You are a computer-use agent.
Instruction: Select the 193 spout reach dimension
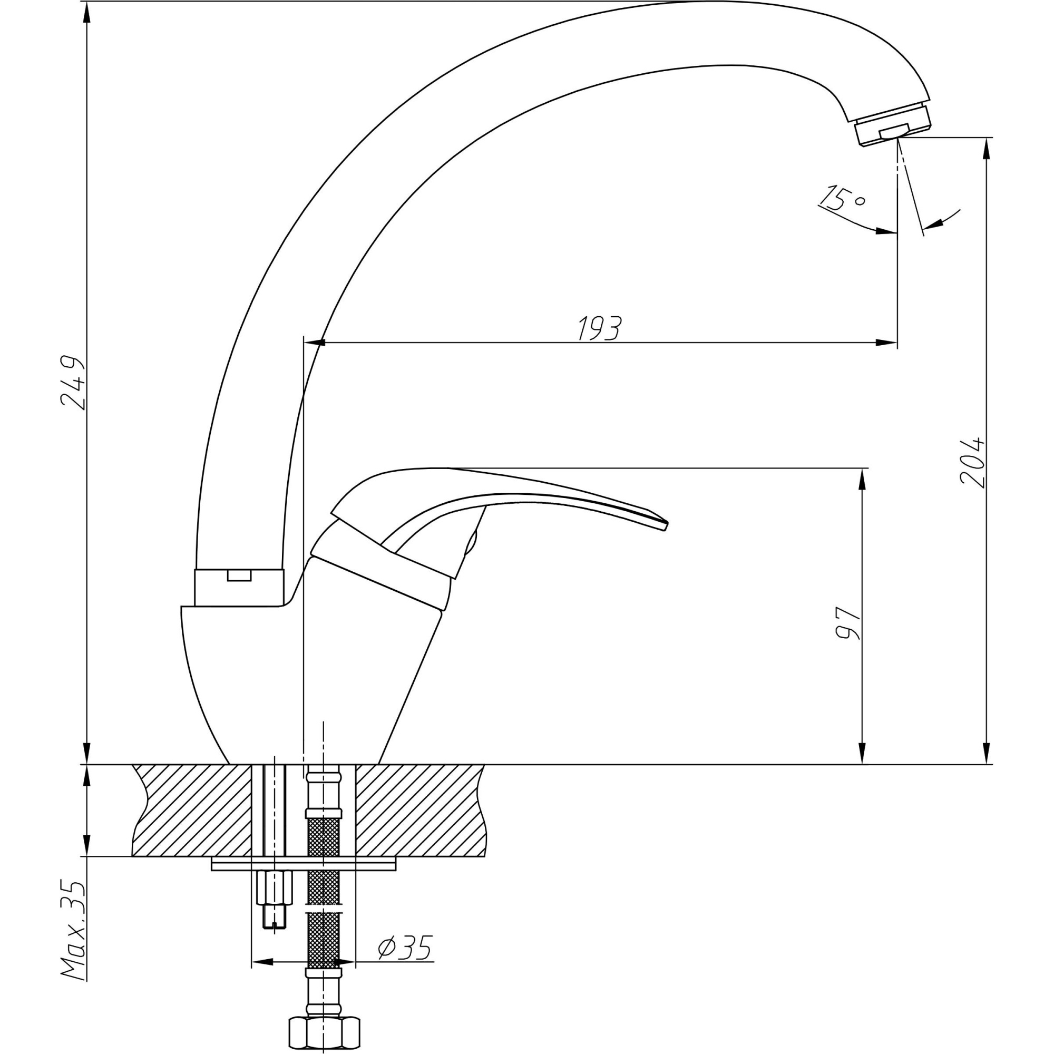(x=600, y=328)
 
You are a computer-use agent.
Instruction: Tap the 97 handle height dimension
(x=847, y=622)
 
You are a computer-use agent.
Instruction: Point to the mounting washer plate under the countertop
(x=304, y=864)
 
